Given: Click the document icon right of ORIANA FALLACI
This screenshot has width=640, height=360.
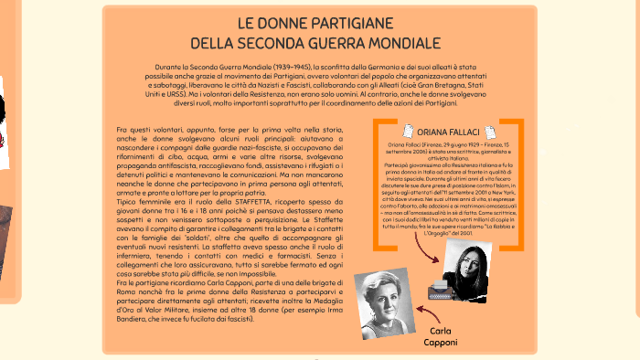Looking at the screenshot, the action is click(x=491, y=132).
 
